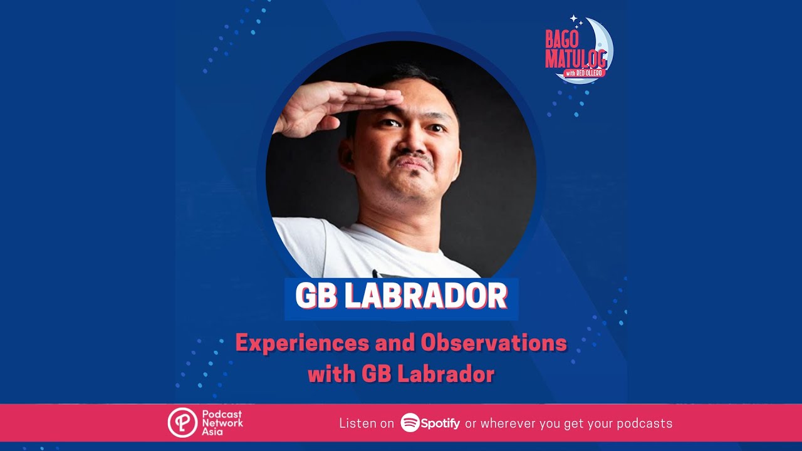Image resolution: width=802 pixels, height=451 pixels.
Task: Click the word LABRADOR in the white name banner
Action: click(425, 297)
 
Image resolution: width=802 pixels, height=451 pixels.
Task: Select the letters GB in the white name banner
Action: click(316, 297)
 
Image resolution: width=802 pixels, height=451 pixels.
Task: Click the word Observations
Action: click(494, 343)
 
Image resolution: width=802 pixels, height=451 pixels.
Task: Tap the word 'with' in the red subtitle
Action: click(332, 375)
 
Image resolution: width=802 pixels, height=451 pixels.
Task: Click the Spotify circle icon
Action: click(410, 423)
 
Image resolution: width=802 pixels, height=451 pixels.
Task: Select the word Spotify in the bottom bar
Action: click(440, 423)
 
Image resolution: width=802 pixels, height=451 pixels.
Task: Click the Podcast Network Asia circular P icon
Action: click(182, 423)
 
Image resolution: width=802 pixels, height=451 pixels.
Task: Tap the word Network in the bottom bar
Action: click(222, 423)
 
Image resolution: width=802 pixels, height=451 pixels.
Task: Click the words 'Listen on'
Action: click(367, 423)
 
